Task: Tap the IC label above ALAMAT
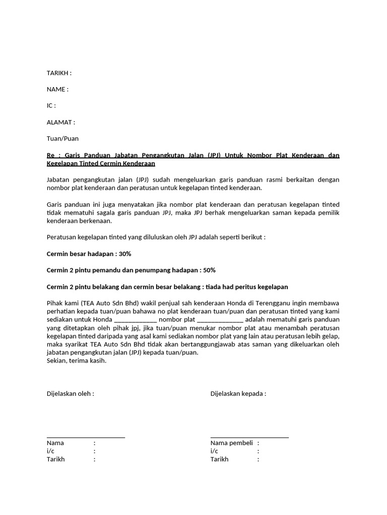pyautogui.click(x=51, y=106)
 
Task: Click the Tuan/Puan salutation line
pyautogui.click(x=62, y=138)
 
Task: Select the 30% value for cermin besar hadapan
pyautogui.click(x=125, y=254)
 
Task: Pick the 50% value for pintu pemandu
pyautogui.click(x=209, y=270)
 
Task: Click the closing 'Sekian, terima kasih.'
pyautogui.click(x=77, y=361)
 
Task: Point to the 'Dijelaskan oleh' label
pyautogui.click(x=70, y=393)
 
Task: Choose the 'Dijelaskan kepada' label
pyautogui.click(x=238, y=393)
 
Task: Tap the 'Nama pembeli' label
pyautogui.click(x=231, y=443)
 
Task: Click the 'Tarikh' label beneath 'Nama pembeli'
pyautogui.click(x=219, y=459)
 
